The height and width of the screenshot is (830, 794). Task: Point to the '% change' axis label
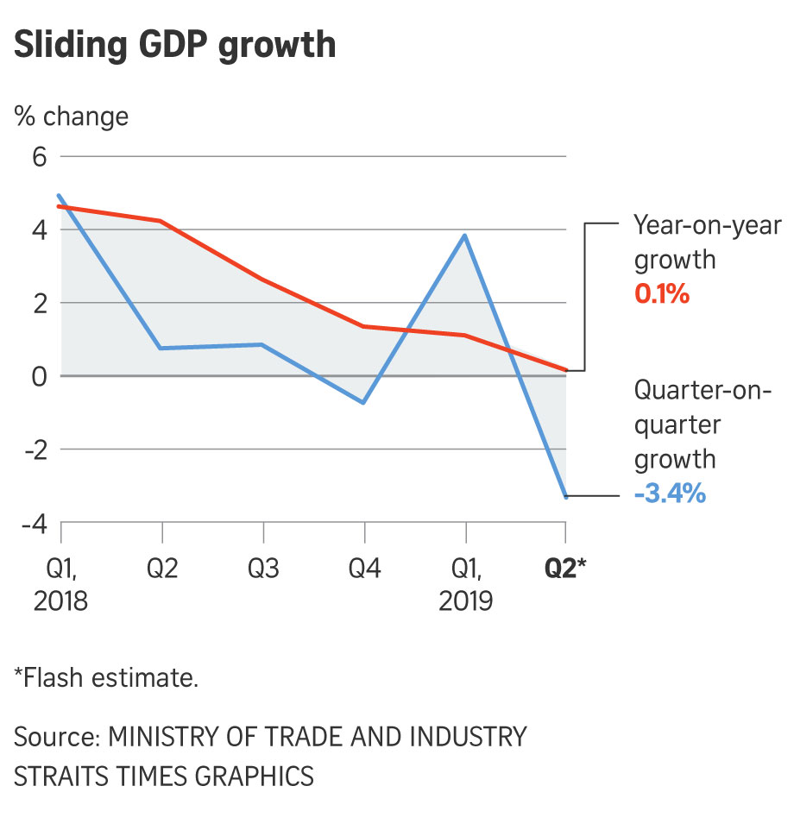(x=71, y=116)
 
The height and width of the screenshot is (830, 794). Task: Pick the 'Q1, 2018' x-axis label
(x=60, y=584)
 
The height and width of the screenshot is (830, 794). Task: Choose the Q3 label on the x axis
(x=263, y=569)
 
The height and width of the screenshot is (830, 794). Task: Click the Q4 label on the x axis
(x=364, y=569)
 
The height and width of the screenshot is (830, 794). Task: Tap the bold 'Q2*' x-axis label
(x=565, y=569)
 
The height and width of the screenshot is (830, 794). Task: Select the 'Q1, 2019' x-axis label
(x=466, y=584)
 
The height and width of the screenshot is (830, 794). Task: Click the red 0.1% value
(x=662, y=294)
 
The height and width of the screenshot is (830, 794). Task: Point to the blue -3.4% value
(x=670, y=494)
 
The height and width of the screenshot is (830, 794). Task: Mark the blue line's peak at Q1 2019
(x=466, y=235)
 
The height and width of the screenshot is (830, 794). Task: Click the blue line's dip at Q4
(x=364, y=403)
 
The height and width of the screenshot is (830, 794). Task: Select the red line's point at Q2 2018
(x=161, y=221)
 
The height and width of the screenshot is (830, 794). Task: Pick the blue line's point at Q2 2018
(x=161, y=348)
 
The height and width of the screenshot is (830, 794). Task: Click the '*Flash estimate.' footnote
(x=106, y=677)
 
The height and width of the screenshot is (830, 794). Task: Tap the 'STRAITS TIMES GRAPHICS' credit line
(x=164, y=775)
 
